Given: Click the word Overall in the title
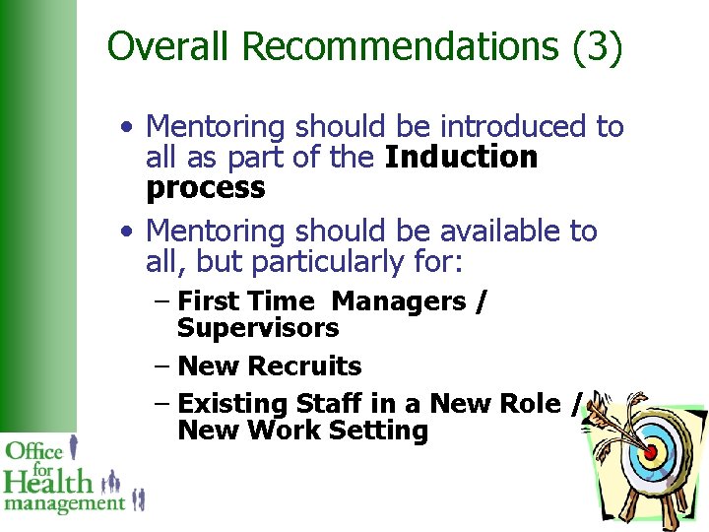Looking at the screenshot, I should [173, 46].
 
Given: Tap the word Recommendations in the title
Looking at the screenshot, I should [402, 46].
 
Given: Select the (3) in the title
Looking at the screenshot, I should [596, 46].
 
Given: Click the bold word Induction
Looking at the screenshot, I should [461, 158].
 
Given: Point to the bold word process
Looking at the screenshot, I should [205, 188].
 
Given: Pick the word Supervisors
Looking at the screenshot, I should [258, 328].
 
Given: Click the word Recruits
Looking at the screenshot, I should [305, 366].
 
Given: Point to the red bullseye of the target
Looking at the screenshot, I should [650, 452].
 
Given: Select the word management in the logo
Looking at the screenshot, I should [65, 503].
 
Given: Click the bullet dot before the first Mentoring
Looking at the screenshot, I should [128, 128].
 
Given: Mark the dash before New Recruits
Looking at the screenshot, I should [162, 366].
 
